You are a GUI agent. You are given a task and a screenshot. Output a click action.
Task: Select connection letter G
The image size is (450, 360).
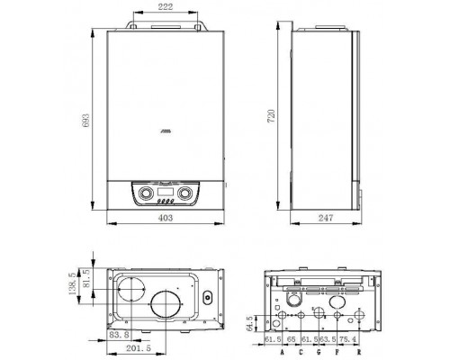click(318, 352)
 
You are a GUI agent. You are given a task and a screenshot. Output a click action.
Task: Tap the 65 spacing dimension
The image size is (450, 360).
click(293, 338)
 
